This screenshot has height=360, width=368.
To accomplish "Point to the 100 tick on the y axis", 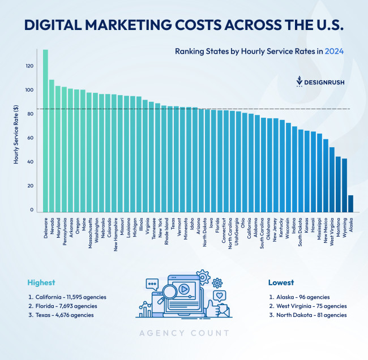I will pyautogui.click(x=29, y=90).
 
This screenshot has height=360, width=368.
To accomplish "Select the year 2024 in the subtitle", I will pyautogui.click(x=334, y=51).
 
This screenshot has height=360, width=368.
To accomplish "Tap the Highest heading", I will pyautogui.click(x=41, y=282).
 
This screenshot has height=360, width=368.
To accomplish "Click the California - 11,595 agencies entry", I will pyautogui.click(x=67, y=297).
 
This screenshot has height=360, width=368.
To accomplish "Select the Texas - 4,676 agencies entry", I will pyautogui.click(x=61, y=315).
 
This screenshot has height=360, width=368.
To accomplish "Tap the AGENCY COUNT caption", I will pyautogui.click(x=184, y=333).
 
